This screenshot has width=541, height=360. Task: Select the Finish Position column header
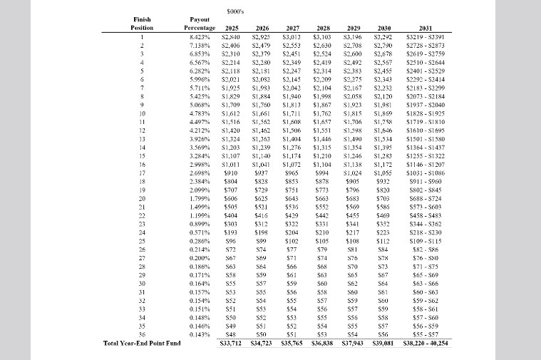(142, 23)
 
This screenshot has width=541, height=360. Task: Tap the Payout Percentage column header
(195, 23)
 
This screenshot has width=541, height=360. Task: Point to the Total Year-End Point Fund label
(142, 344)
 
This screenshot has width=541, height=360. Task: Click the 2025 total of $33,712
(230, 344)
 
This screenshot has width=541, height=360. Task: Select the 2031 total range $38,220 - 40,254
(425, 344)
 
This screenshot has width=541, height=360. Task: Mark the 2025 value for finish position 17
(230, 173)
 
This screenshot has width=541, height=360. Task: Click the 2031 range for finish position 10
(425, 113)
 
